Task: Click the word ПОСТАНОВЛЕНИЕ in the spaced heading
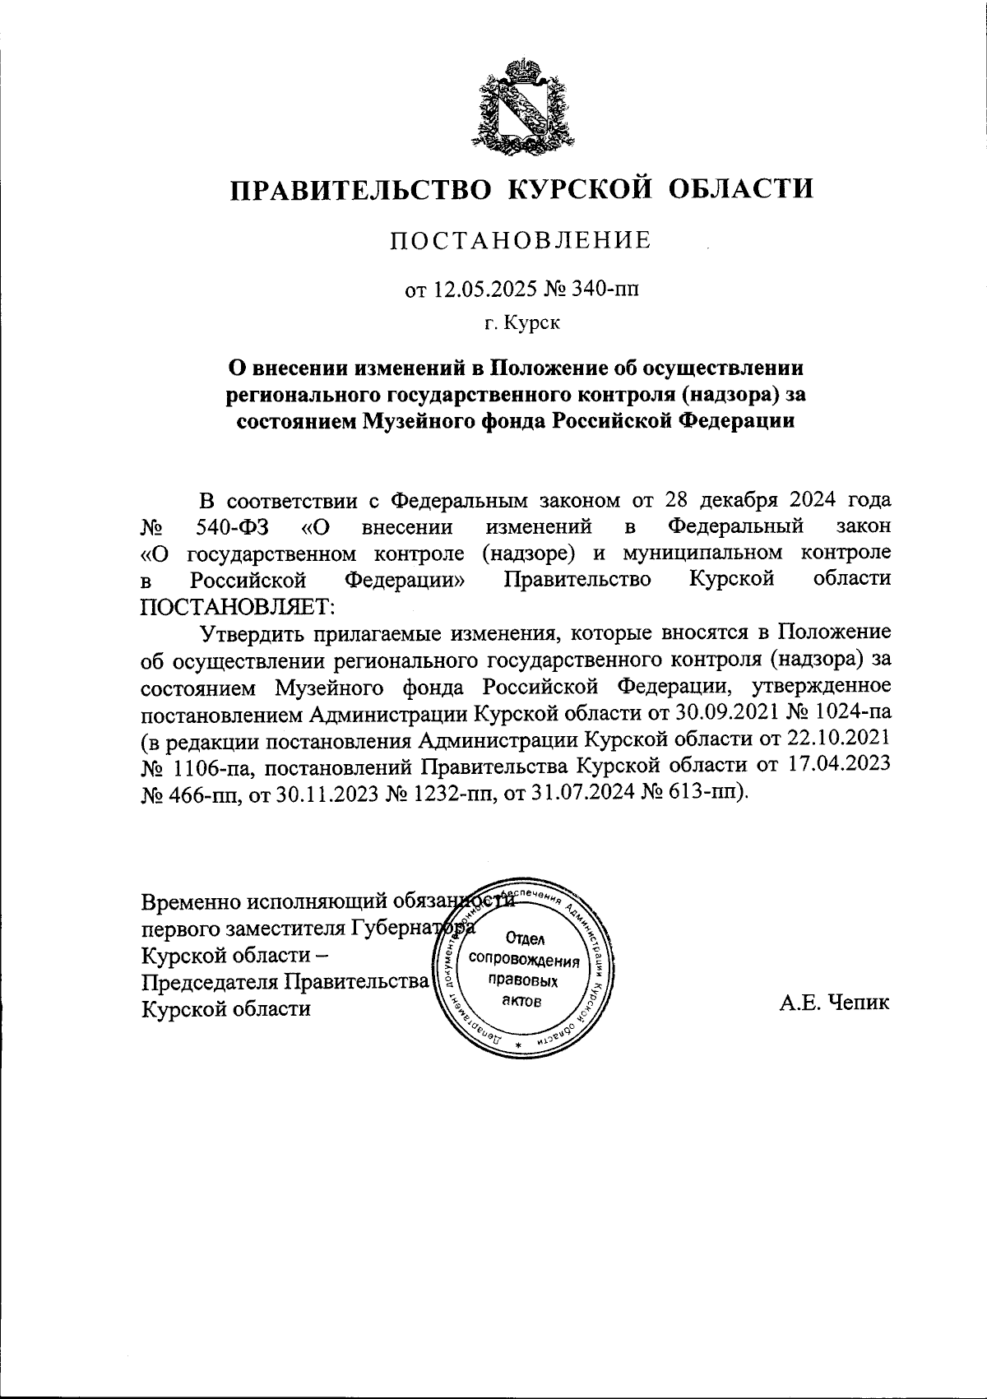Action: pos(520,241)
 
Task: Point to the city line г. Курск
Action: pos(521,323)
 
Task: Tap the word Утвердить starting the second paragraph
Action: pos(257,632)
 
